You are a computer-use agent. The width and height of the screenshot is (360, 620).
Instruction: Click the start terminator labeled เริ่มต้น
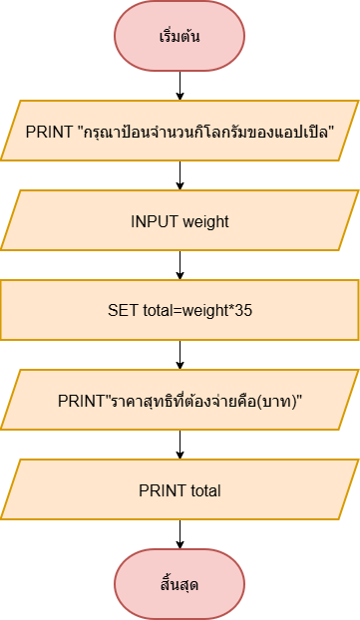pos(180,36)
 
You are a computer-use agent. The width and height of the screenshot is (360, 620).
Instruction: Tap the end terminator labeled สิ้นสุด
pos(180,584)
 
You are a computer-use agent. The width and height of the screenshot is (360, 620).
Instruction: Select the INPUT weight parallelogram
pos(180,220)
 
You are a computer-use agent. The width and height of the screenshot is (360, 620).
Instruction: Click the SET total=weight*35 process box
pos(180,310)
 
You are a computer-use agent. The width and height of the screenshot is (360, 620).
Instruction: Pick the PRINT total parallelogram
pos(180,489)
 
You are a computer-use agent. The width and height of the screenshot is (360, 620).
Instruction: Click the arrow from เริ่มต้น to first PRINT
pos(180,86)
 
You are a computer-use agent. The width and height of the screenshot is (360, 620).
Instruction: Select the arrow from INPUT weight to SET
pos(180,265)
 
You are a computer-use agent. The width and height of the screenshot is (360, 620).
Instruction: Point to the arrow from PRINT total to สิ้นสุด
pos(180,534)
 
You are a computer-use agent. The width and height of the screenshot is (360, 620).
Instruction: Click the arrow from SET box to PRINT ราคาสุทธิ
pos(180,355)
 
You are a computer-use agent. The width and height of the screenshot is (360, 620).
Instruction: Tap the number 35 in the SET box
pos(243,310)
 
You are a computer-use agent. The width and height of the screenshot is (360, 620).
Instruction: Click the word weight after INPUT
pos(205,222)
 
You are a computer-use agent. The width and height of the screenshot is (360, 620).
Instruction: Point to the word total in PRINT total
pos(205,490)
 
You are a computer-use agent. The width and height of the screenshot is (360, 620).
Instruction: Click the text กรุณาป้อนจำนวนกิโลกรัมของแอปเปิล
pos(205,132)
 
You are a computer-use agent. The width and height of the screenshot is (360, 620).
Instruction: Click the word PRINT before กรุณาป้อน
pos(50,132)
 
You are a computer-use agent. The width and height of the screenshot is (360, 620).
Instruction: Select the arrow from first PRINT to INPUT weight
pos(180,175)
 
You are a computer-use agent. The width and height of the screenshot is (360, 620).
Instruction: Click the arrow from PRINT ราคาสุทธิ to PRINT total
pos(180,445)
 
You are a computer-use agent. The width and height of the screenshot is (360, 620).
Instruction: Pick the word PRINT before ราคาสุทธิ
pos(81,401)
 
